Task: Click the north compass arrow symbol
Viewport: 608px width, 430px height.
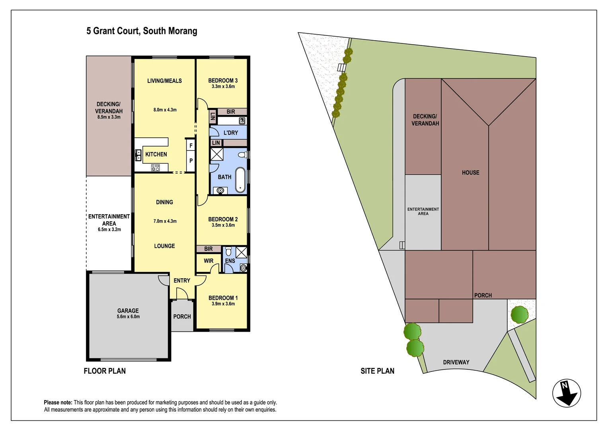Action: coord(567,393)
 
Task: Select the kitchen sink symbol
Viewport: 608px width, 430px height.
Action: coord(138,155)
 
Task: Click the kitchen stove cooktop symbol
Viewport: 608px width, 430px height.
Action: coord(155,168)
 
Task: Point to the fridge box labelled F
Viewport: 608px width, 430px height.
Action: coord(191,146)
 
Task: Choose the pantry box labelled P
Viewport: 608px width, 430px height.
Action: coord(191,161)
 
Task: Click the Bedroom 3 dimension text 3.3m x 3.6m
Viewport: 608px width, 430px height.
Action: coord(223,86)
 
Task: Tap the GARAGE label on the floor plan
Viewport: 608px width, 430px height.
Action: coord(128,311)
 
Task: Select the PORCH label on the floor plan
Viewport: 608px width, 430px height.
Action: coord(182,317)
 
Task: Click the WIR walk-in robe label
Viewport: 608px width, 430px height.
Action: coord(209,261)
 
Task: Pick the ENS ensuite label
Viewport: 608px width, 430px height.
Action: coord(230,261)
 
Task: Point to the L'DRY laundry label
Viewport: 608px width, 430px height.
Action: coord(230,133)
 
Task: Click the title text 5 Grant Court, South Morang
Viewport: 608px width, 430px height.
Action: coord(142,31)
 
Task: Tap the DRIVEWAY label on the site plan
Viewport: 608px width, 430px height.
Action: coord(456,362)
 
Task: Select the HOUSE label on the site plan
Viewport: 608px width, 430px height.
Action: coord(470,172)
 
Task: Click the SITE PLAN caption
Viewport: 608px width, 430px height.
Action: coord(377,371)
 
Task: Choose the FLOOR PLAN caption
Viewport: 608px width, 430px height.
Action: coord(105,371)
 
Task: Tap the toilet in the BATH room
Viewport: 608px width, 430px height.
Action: coord(241,154)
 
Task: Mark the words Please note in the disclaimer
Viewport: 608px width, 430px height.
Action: coord(58,403)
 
